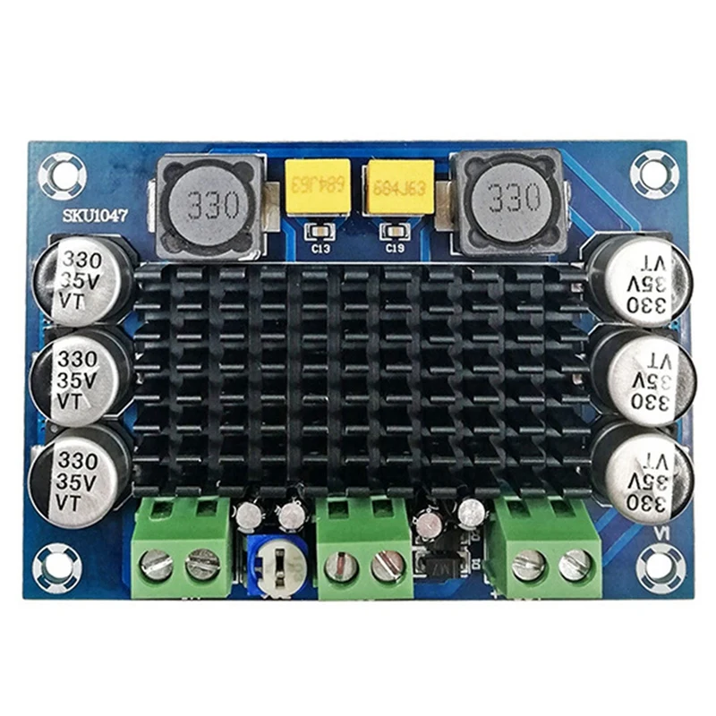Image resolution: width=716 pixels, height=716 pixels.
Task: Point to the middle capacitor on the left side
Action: (x=81, y=377)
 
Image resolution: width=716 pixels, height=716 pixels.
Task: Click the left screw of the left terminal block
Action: (x=158, y=566)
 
